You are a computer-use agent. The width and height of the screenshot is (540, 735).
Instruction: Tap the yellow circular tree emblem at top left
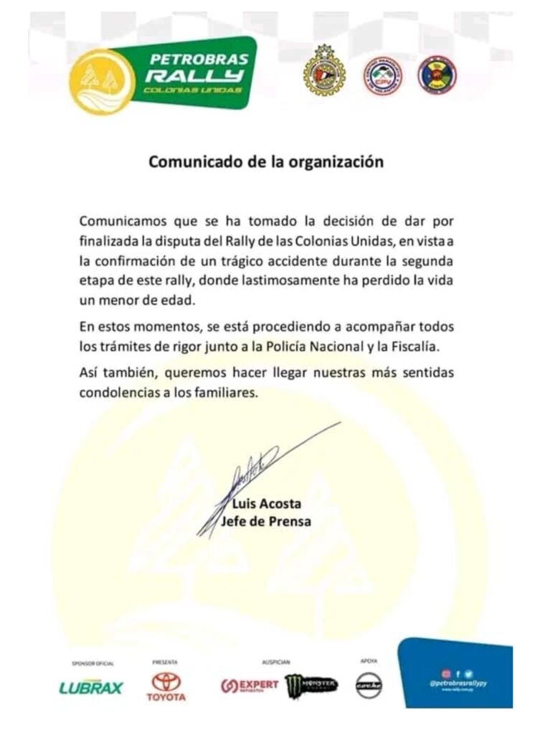(102, 81)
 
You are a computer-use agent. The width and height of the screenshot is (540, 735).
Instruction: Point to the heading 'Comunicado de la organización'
(266, 161)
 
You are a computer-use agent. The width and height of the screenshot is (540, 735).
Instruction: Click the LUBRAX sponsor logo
(91, 688)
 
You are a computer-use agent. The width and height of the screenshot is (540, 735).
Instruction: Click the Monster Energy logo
(311, 686)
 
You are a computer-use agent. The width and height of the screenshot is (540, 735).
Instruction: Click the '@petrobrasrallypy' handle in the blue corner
(458, 684)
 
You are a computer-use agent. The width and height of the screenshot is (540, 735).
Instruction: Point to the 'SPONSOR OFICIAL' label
(89, 663)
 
